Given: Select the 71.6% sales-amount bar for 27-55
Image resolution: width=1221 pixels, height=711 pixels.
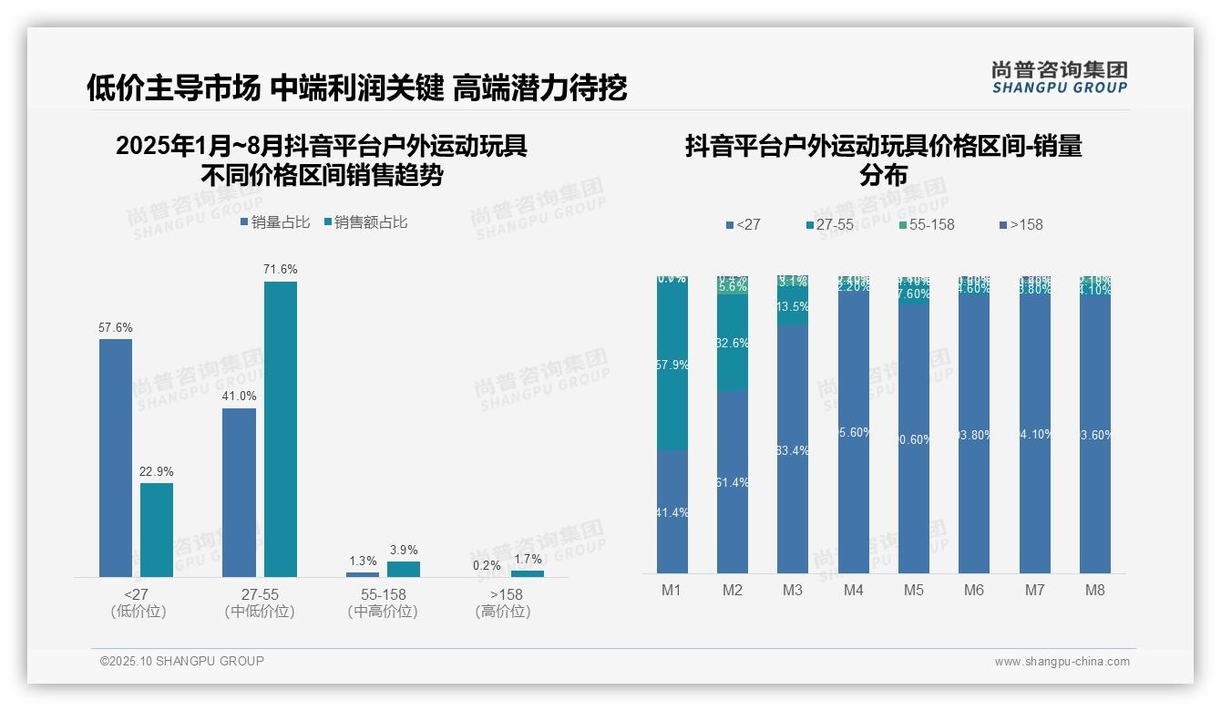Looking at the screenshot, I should [281, 428].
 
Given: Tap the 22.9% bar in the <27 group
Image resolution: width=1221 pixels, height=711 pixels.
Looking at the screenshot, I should [157, 530].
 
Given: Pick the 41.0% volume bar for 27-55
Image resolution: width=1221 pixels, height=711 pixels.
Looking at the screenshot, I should [239, 492].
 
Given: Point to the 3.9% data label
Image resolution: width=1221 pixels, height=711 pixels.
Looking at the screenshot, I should [404, 550].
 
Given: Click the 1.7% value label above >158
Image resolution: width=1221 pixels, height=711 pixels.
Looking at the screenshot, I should [528, 559].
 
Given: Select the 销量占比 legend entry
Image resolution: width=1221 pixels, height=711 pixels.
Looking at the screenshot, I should [275, 222].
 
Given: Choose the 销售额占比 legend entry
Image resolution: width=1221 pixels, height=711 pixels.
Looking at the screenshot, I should [365, 222].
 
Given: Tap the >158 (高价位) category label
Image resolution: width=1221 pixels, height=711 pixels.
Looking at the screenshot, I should [502, 603].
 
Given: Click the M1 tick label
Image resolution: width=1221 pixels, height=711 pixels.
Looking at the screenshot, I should [672, 590].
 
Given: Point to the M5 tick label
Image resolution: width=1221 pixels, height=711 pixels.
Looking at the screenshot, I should [914, 590].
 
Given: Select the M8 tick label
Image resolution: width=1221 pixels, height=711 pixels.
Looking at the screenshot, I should [1094, 590].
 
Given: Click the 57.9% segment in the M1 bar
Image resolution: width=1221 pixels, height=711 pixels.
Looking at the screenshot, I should [672, 365].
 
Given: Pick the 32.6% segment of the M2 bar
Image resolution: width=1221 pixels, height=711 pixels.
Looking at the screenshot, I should [733, 343].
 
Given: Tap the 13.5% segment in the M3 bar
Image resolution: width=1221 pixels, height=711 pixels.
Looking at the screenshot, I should [793, 306].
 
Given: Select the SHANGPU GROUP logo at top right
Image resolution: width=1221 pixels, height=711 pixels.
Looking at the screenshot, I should [1060, 77].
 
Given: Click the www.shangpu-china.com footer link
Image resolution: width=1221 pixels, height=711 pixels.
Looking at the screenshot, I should [1062, 662].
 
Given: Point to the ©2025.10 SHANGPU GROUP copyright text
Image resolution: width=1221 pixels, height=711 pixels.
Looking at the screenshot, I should [182, 661].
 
